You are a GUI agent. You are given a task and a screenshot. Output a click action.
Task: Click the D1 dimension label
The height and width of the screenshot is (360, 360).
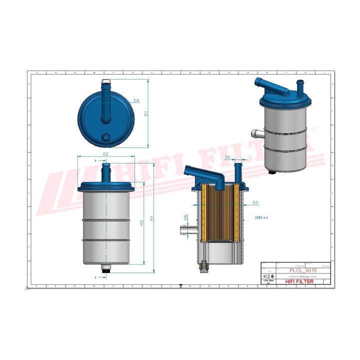pyautogui.click(x=146, y=113)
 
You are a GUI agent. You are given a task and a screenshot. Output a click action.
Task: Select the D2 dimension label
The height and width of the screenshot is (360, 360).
pyautogui.click(x=105, y=154)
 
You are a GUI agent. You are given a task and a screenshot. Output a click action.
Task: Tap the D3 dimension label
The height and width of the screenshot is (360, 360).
pyautogui.click(x=255, y=202)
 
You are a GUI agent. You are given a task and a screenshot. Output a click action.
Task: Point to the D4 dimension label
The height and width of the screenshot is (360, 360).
pyautogui.click(x=122, y=100)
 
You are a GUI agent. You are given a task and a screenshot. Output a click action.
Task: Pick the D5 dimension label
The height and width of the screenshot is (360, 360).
pyautogui.click(x=227, y=157)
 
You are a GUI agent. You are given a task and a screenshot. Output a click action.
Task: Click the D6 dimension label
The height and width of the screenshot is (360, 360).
pyautogui.click(x=185, y=217)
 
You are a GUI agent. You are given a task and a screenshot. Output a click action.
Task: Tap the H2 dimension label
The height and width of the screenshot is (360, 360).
pyautogui.click(x=142, y=222)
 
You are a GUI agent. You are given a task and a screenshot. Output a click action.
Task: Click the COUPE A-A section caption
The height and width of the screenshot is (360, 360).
pyautogui.click(x=262, y=218)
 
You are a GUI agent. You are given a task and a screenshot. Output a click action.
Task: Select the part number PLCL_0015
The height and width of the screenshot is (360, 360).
pyautogui.click(x=303, y=270)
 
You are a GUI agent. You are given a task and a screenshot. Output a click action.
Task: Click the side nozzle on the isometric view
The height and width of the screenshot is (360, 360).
pyautogui.click(x=256, y=133)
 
